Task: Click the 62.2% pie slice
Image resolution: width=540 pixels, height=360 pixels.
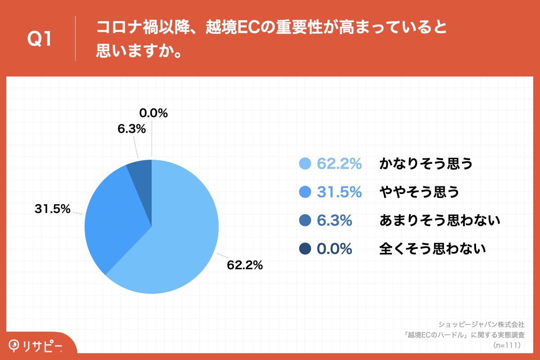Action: click(180, 243)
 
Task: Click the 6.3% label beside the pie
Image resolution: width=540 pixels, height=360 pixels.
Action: click(132, 129)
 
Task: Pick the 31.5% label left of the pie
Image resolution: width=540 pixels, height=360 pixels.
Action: click(53, 209)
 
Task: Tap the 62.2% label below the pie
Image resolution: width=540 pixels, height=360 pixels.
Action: click(245, 265)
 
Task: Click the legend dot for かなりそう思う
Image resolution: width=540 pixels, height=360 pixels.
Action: click(306, 164)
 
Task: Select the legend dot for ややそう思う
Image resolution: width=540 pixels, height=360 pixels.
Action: click(306, 192)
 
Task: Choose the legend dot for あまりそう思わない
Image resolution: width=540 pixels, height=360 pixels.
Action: click(306, 220)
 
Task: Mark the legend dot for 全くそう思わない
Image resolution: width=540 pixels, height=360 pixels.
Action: click(306, 248)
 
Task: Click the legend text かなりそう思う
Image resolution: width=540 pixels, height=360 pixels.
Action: click(426, 164)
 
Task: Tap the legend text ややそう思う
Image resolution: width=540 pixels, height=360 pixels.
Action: click(419, 192)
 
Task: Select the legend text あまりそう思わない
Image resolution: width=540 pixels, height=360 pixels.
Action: click(440, 220)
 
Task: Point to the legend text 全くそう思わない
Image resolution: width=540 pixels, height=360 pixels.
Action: click(433, 248)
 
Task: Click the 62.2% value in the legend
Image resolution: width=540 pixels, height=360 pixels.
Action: click(339, 164)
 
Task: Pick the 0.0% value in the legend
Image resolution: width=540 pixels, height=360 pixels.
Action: click(334, 248)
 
